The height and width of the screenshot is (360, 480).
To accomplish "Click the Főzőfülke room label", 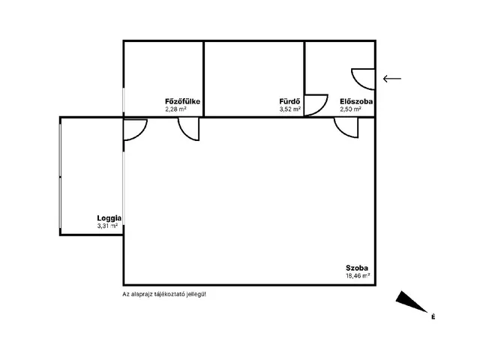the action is coord(182,101).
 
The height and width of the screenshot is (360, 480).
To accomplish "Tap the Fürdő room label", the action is coord(289,101).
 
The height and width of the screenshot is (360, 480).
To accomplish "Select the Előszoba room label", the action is coord(356,101).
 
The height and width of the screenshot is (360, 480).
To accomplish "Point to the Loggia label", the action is coord(109,218).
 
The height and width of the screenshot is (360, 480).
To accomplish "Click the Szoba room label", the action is coord(357,268).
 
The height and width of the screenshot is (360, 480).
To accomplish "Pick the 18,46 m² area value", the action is coord(358,276).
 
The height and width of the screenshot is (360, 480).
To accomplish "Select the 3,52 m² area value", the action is coord(290,109).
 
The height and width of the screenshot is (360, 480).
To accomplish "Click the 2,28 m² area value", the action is coord(175,109).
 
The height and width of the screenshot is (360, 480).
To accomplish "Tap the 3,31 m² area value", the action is coord(107,226).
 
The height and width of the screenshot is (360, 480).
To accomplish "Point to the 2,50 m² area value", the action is coord(350,109).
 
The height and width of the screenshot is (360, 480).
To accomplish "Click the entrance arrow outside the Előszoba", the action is coord(392,79).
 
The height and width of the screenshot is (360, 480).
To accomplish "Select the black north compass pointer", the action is coord(411,301).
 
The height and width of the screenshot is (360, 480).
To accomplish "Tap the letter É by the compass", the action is coord(433,316).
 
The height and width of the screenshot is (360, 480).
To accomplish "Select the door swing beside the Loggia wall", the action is coord(141,133).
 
